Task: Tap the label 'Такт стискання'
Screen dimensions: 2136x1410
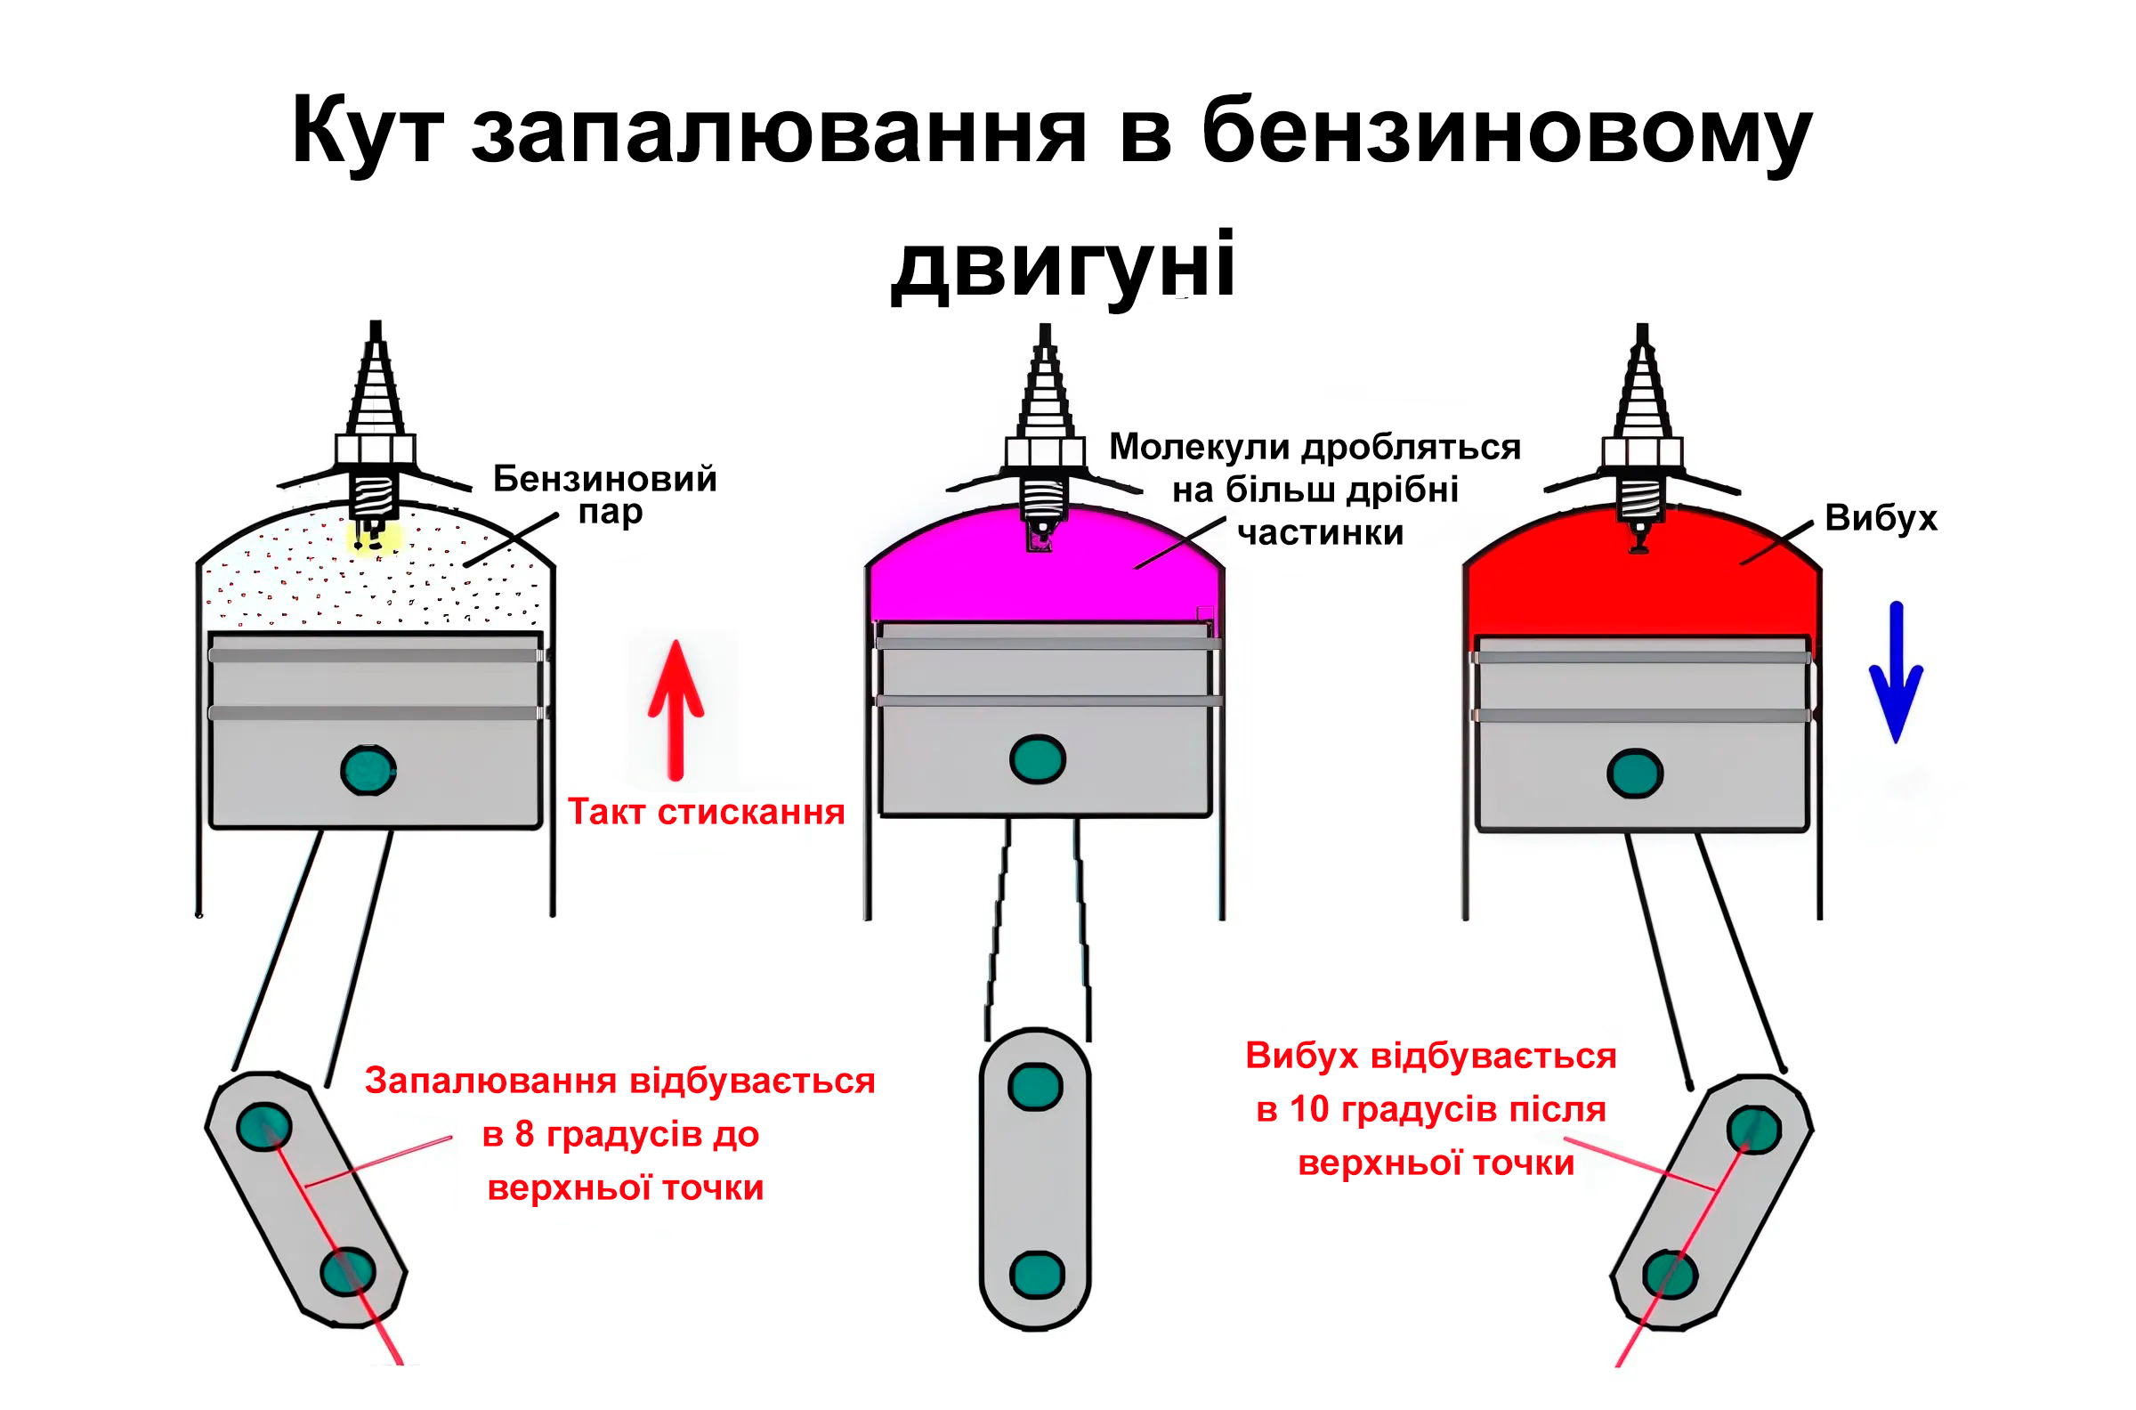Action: (x=707, y=812)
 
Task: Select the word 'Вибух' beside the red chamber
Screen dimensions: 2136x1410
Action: (x=1881, y=518)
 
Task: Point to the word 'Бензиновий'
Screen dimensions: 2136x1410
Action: (x=605, y=478)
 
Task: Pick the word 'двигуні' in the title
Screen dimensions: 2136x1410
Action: (x=1063, y=267)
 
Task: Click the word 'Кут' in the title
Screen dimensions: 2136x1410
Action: (x=368, y=131)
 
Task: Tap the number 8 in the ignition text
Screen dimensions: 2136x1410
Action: (x=525, y=1134)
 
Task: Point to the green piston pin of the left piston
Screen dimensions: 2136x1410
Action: (x=368, y=770)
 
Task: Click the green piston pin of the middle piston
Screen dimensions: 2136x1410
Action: (x=1038, y=759)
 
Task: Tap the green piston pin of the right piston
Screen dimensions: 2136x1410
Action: (x=1634, y=774)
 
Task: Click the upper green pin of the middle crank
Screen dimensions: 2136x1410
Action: (x=1036, y=1087)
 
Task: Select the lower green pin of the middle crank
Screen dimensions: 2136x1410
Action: (x=1038, y=1275)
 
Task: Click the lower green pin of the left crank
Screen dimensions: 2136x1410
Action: (x=349, y=1271)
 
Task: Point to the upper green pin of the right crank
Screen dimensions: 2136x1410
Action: (x=1754, y=1129)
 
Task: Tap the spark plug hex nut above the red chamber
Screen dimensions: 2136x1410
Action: (x=1642, y=452)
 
